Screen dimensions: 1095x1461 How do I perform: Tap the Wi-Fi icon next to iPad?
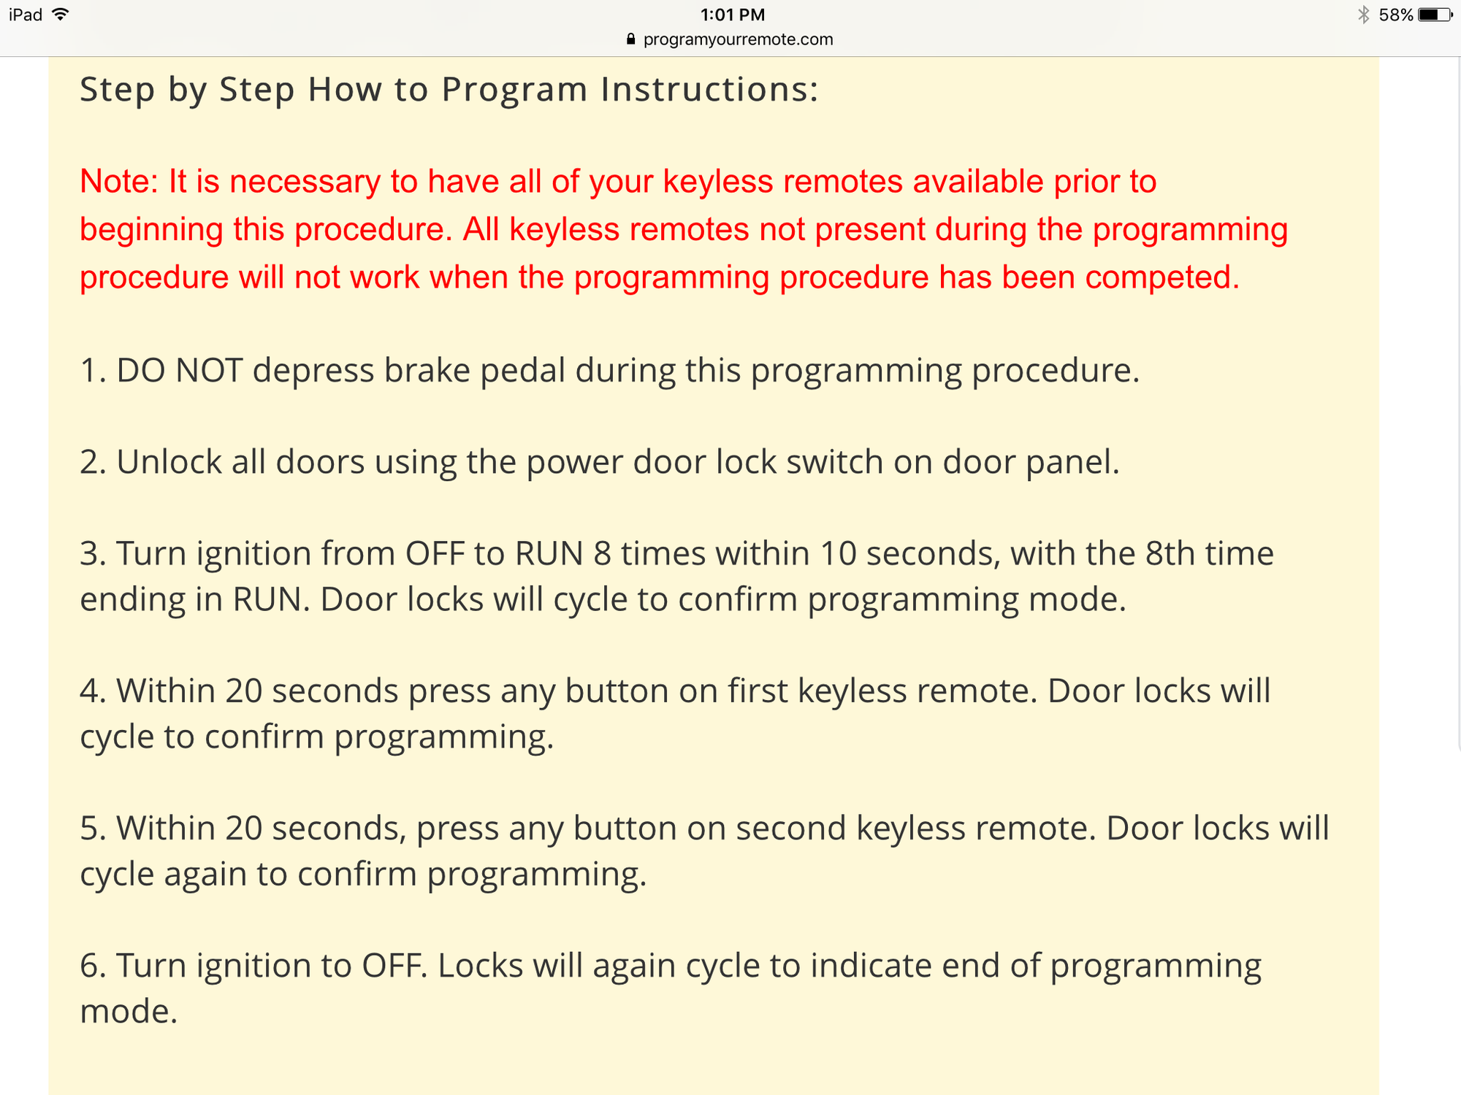tap(61, 14)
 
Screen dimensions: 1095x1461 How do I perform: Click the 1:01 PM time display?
tap(732, 15)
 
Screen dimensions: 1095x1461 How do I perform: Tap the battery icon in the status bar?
tap(1434, 15)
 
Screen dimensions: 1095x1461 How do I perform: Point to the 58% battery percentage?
tap(1395, 15)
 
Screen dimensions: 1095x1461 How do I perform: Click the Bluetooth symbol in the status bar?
tap(1363, 15)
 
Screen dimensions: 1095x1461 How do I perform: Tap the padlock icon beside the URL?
tap(631, 39)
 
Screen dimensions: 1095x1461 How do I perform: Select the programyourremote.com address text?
tap(738, 39)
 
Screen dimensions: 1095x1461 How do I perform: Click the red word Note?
tap(119, 181)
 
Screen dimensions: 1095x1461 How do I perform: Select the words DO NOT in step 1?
tap(179, 370)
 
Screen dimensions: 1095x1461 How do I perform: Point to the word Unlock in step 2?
tap(169, 462)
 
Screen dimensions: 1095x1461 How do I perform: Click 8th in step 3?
tap(1170, 553)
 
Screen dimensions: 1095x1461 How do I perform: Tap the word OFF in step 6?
tap(394, 966)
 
